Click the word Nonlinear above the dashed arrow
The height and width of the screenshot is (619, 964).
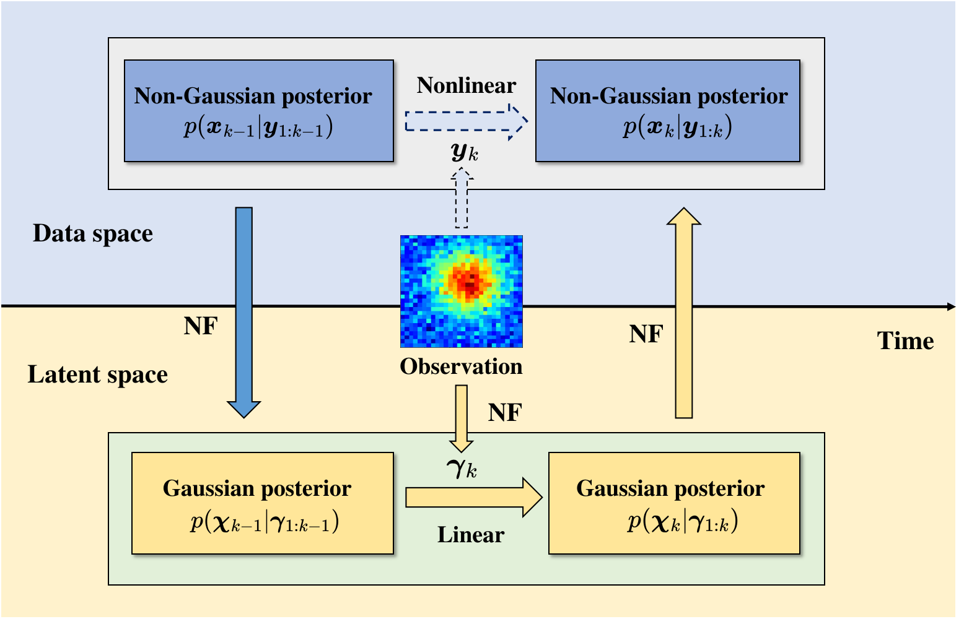[466, 85]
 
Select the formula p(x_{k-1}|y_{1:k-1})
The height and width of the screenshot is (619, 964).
[258, 127]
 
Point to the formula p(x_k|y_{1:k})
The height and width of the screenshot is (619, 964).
[677, 127]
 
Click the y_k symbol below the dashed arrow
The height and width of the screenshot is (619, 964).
[465, 152]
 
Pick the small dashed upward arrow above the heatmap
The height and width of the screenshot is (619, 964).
[462, 199]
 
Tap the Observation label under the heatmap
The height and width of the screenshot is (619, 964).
[461, 366]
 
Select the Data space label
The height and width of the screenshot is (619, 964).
[93, 233]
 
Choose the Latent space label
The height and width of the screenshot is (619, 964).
[98, 374]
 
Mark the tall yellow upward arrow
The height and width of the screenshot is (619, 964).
[684, 313]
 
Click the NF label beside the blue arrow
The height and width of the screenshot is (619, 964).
[201, 326]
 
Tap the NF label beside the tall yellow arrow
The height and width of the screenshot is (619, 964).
[646, 334]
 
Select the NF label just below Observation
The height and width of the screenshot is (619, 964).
[505, 412]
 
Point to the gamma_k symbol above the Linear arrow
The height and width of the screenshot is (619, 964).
[462, 468]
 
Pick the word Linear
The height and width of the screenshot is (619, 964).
[471, 535]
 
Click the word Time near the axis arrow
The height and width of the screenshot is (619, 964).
[905, 341]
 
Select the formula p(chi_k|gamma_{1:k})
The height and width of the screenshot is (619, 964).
[682, 522]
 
